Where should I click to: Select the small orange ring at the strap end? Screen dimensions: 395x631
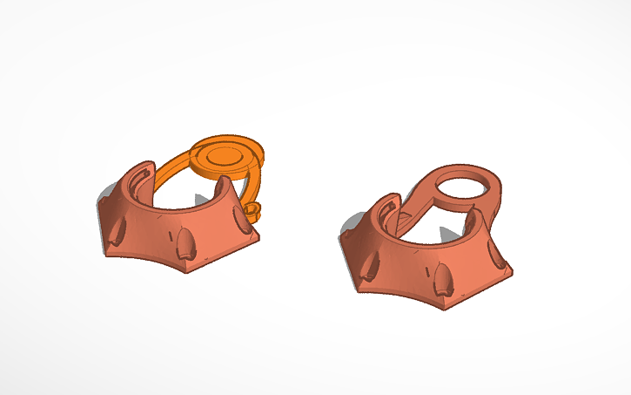253,209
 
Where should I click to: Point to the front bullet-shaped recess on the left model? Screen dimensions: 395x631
185,247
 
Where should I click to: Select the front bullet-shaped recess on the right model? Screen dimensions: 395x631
443,280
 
